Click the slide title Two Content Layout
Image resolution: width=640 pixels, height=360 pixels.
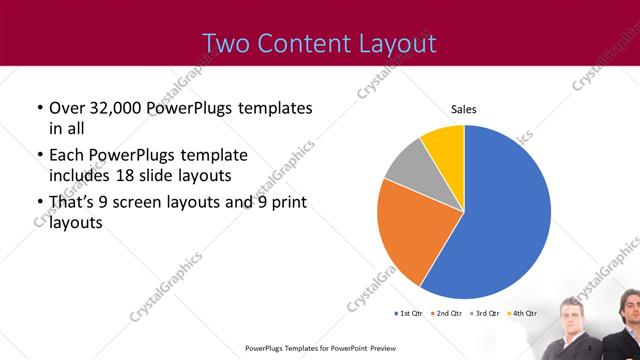tap(319, 43)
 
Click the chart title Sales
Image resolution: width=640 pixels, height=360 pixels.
tap(463, 109)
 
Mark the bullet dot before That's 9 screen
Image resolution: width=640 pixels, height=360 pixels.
tap(38, 204)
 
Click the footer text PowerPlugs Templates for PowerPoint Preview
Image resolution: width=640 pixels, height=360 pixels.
tap(319, 349)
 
